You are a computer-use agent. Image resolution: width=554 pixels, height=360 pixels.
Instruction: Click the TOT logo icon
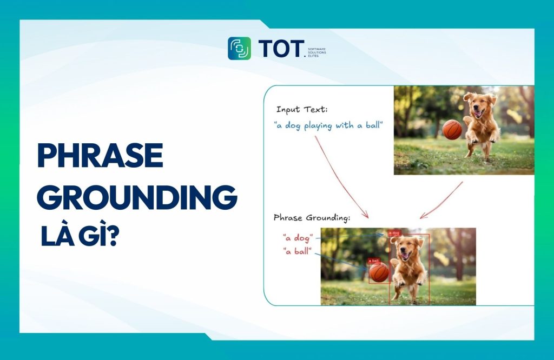(239, 48)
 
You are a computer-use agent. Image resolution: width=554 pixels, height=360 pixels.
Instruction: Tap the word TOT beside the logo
(281, 49)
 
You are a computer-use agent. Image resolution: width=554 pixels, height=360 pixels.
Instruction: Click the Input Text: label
(301, 110)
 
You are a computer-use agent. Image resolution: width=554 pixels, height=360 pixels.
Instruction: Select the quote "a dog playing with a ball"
(328, 125)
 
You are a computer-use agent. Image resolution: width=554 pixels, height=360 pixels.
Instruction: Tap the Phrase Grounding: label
(312, 218)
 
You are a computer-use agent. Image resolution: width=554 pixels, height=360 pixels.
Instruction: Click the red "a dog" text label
(298, 237)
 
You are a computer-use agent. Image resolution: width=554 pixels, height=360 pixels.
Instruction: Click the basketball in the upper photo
(452, 130)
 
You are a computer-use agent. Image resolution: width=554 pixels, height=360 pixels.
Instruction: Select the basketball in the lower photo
(379, 272)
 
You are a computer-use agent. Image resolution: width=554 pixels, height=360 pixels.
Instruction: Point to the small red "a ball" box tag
(374, 261)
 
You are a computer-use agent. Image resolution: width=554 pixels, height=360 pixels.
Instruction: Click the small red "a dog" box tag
(394, 233)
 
